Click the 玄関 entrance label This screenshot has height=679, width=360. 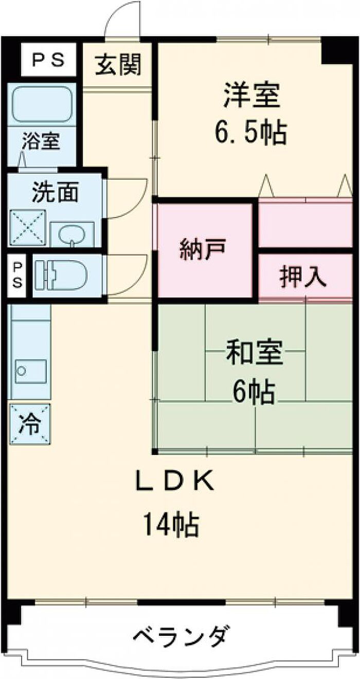pos(118,65)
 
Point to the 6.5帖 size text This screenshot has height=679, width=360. pos(251,132)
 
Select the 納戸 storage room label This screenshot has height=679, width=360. pos(203,249)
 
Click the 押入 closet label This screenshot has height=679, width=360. pos(303,277)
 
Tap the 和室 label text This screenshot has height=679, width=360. pos(255,353)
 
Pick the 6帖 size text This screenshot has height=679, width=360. pos(254,391)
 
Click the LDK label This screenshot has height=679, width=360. pos(175,482)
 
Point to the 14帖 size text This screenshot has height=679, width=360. pos(171,524)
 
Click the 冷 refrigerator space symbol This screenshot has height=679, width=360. pos(30,425)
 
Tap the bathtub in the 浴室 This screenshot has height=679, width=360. pos(42,104)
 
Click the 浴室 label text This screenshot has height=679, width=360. pos(41,141)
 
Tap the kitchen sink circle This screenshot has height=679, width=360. pos(22,371)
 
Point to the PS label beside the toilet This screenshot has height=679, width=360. pos(17,275)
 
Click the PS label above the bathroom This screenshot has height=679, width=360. pos(48,60)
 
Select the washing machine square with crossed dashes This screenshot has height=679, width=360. pos(28,227)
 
